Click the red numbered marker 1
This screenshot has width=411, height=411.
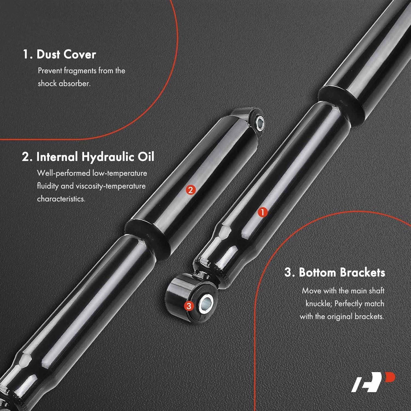click(x=262, y=212)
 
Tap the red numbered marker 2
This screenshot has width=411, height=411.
click(x=191, y=190)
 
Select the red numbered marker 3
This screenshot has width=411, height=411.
click(x=189, y=306)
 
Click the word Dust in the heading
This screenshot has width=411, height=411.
click(x=48, y=54)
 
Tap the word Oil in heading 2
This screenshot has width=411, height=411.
click(x=146, y=157)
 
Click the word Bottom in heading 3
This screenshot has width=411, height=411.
click(x=317, y=272)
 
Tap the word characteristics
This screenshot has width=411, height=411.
click(x=61, y=199)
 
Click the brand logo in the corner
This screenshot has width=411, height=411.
click(x=373, y=381)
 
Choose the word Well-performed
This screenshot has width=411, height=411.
click(x=64, y=173)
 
